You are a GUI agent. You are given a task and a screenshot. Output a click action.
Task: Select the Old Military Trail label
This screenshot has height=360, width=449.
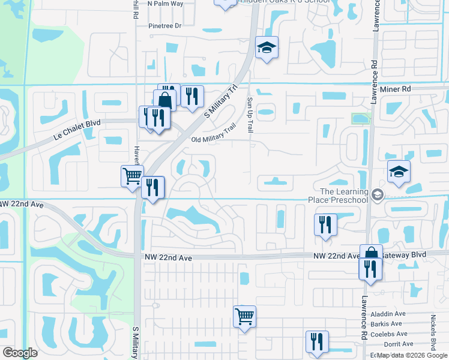coord(214,134)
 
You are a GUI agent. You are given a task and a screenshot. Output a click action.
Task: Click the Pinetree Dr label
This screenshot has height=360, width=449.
coord(164,26)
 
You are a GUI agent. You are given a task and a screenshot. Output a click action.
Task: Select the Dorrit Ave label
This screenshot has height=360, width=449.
coord(399,344)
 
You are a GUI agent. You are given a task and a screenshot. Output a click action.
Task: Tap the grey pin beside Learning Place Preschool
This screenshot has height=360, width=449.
coord(377,194)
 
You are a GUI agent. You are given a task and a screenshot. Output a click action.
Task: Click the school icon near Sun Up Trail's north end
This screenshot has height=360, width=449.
coord(267,47)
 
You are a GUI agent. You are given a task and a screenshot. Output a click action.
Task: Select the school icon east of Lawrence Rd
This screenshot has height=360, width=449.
coord(399,172)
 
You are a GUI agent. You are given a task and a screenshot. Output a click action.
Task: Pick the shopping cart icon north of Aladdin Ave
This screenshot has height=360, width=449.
coord(244,315)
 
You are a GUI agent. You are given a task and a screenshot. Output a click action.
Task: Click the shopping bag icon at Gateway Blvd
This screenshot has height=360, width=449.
coord(371,253)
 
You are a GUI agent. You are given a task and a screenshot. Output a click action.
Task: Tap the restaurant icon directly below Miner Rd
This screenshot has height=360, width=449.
coord(191,96)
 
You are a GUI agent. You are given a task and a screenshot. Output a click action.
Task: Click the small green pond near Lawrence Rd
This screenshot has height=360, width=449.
coord(360,119)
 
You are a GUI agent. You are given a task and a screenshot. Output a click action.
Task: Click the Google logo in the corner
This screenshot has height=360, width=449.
coord(20,353)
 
